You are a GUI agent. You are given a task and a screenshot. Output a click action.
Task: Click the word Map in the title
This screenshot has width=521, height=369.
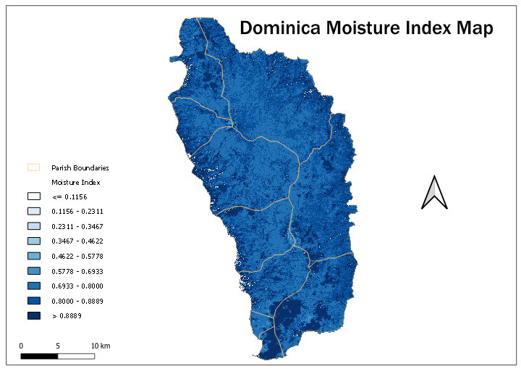pyautogui.click(x=474, y=28)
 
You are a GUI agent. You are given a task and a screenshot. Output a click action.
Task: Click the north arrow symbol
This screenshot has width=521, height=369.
pyautogui.click(x=434, y=193)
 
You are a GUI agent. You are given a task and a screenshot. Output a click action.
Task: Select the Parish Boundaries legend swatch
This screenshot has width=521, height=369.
pyautogui.click(x=33, y=167)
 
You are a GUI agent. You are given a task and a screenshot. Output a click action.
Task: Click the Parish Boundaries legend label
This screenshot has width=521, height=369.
pyautogui.click(x=80, y=167)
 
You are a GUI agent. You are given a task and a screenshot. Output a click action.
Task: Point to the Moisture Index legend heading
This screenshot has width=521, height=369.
pyautogui.click(x=75, y=182)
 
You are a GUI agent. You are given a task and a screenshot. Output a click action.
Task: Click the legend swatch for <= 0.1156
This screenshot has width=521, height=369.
pyautogui.click(x=33, y=196)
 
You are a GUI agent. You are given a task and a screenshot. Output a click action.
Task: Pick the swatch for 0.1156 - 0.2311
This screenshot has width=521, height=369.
pyautogui.click(x=33, y=211)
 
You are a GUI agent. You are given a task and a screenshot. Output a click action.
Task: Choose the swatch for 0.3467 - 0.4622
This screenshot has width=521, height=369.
pyautogui.click(x=33, y=241)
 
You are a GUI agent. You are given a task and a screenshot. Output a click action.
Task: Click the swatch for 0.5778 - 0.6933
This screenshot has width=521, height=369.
pyautogui.click(x=33, y=270)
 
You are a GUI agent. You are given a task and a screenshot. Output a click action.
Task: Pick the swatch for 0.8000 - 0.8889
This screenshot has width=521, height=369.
pyautogui.click(x=33, y=300)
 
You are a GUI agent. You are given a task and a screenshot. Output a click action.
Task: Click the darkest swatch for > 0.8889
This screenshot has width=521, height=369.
pyautogui.click(x=33, y=315)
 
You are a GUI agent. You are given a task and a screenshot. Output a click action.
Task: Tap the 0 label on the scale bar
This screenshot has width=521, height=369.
pyautogui.click(x=21, y=345)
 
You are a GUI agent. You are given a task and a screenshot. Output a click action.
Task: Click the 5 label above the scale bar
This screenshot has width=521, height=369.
pyautogui.click(x=58, y=345)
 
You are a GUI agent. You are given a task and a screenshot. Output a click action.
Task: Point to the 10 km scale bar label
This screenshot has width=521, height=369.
pyautogui.click(x=100, y=345)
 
